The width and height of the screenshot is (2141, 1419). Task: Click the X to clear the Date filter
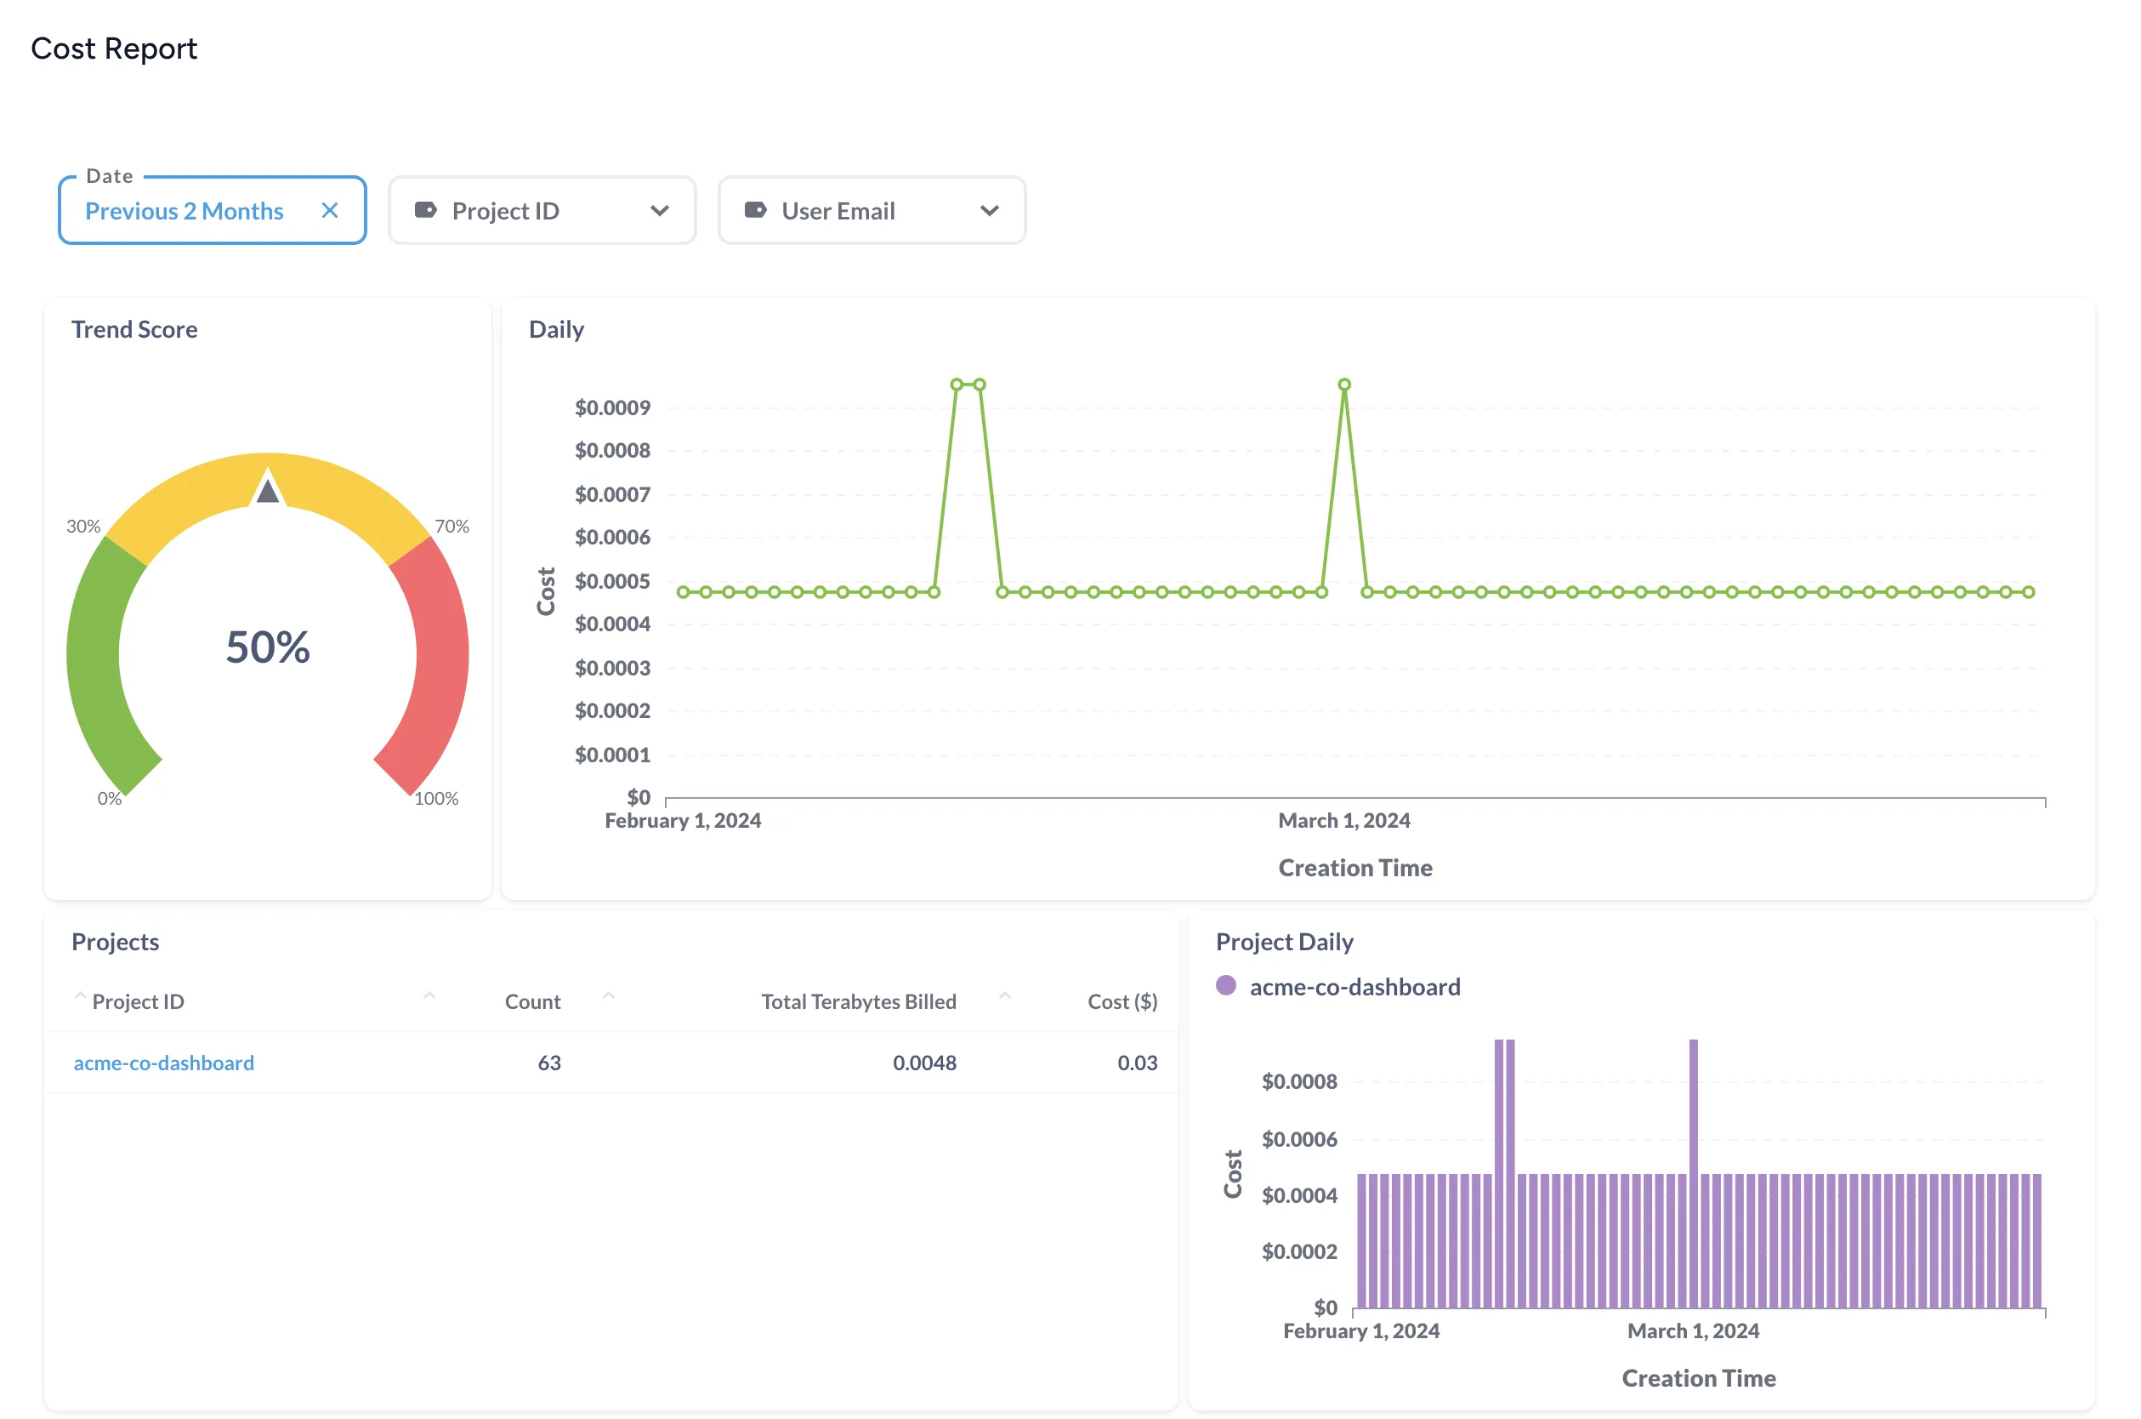click(329, 211)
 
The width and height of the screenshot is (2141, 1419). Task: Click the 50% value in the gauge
click(268, 648)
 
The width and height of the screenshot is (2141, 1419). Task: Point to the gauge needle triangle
click(268, 490)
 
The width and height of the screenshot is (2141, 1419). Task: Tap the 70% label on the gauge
click(451, 527)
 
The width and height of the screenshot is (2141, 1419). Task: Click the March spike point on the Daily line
click(1344, 385)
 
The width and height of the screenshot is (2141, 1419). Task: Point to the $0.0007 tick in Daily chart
click(612, 494)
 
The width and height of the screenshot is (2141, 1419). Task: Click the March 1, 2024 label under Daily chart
click(1343, 821)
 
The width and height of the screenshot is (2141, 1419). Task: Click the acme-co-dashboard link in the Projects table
click(164, 1063)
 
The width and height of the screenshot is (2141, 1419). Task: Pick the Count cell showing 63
click(549, 1063)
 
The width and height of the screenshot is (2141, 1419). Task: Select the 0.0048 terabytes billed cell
click(923, 1063)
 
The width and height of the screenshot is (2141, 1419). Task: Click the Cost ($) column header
click(1122, 1002)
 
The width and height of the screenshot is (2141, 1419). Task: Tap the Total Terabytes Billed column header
click(859, 1002)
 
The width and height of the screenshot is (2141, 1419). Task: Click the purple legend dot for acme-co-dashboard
click(1225, 985)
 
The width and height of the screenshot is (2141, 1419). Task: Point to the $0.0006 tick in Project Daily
click(1299, 1139)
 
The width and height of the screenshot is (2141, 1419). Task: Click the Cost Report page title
click(114, 48)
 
